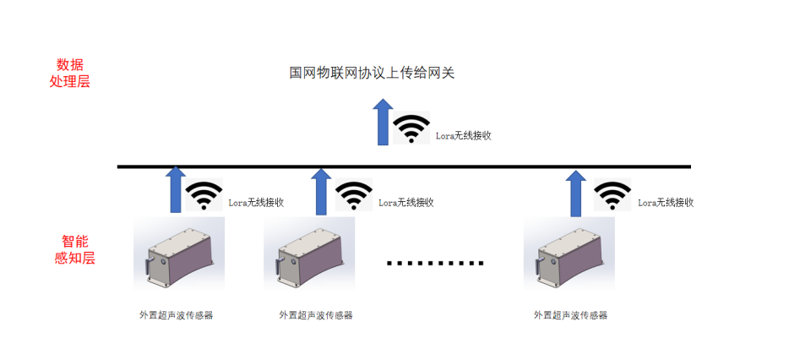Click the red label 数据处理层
[x=70, y=74]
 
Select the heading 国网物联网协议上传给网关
[x=372, y=73]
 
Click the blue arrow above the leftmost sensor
[x=175, y=189]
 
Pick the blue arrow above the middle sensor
[x=321, y=190]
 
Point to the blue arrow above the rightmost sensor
[x=575, y=191]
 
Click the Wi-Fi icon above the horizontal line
[x=412, y=128]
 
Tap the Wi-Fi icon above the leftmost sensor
[x=204, y=196]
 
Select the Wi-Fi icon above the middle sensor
[x=353, y=196]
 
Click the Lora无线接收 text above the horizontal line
[x=463, y=135]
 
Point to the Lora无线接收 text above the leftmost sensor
[x=256, y=203]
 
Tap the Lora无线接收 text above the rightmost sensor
[x=666, y=203]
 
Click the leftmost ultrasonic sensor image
[x=178, y=254]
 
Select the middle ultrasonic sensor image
[x=309, y=254]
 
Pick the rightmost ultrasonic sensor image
[x=569, y=254]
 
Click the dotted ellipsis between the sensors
[x=435, y=263]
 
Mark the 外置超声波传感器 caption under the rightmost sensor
[x=570, y=315]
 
